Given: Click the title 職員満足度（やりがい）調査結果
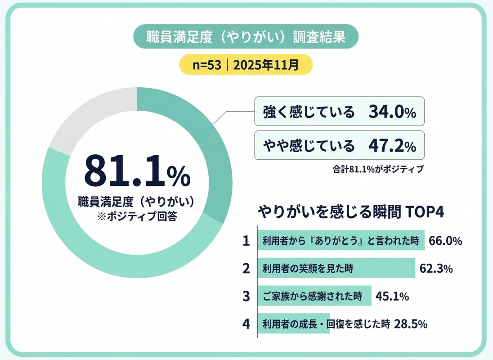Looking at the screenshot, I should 246,37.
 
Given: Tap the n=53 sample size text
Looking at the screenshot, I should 207,65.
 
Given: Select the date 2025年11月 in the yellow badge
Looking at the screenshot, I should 266,65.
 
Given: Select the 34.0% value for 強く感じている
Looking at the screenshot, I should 392,112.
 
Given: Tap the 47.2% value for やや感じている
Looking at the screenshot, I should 392,145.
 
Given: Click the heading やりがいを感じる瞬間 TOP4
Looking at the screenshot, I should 351,212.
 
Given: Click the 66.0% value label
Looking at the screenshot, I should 445,241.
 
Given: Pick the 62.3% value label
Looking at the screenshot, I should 435,269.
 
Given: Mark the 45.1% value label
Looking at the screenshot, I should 391,296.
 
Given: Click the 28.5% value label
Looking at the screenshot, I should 410,324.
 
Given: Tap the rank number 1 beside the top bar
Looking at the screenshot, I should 246,241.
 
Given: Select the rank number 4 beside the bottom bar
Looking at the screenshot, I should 246,324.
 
